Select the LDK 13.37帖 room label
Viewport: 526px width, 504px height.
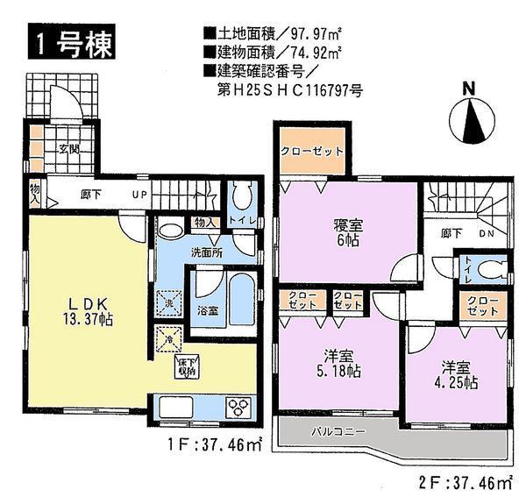click(x=85, y=310)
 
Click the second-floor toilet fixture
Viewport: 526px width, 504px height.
click(x=493, y=269)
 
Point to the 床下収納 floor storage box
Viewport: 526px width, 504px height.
click(x=185, y=366)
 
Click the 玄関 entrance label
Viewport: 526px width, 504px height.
click(x=71, y=150)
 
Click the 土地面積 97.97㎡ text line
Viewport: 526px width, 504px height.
click(x=273, y=34)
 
